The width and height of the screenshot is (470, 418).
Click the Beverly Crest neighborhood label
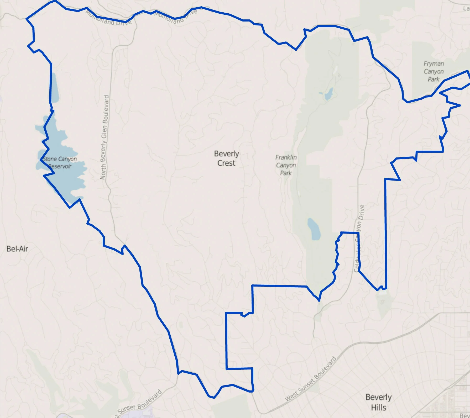[226, 158]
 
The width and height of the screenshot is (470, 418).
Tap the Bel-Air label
[17, 249]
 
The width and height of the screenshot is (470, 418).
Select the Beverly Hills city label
[378, 402]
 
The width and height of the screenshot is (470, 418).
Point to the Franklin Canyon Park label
[286, 165]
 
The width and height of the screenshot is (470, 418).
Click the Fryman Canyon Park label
[434, 71]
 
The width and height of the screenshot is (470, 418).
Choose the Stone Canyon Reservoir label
[60, 162]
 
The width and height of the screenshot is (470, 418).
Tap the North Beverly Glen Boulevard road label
[104, 137]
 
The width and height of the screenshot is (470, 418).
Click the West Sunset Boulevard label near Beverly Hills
[310, 379]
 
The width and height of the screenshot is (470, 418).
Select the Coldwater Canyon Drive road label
[358, 238]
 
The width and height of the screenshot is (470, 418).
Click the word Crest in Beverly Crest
[226, 163]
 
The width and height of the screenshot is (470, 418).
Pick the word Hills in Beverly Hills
[378, 408]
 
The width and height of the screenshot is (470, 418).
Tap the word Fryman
[434, 64]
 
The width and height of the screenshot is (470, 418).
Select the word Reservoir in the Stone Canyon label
[60, 166]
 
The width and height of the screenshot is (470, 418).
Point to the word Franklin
[286, 157]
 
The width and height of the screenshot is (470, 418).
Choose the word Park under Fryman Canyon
[434, 79]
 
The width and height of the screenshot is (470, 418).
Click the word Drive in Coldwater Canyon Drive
[362, 212]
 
